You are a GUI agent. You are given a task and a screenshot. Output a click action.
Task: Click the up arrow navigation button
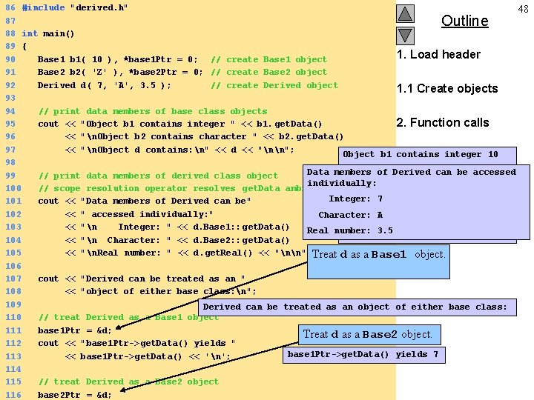[404, 13]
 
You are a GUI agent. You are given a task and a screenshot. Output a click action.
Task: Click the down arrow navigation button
[404, 35]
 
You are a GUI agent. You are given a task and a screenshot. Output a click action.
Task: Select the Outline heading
[464, 21]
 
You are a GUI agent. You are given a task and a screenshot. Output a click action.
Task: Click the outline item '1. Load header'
[438, 54]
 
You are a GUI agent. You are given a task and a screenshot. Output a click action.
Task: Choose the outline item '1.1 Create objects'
[447, 88]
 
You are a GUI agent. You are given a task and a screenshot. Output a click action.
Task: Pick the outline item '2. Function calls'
[443, 122]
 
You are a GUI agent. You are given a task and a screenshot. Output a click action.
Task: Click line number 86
[10, 7]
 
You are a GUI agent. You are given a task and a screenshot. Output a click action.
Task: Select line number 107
[12, 279]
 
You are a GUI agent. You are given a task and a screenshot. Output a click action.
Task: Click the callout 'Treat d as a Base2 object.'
[368, 334]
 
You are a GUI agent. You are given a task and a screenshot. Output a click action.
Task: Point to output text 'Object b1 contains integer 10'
[421, 154]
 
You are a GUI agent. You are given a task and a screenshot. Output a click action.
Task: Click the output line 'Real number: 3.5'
[350, 230]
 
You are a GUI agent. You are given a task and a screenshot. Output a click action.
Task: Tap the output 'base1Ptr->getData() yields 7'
[363, 354]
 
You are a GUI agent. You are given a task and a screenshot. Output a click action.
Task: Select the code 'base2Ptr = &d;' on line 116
[75, 395]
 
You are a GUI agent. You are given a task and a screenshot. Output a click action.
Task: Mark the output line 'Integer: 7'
[356, 199]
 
